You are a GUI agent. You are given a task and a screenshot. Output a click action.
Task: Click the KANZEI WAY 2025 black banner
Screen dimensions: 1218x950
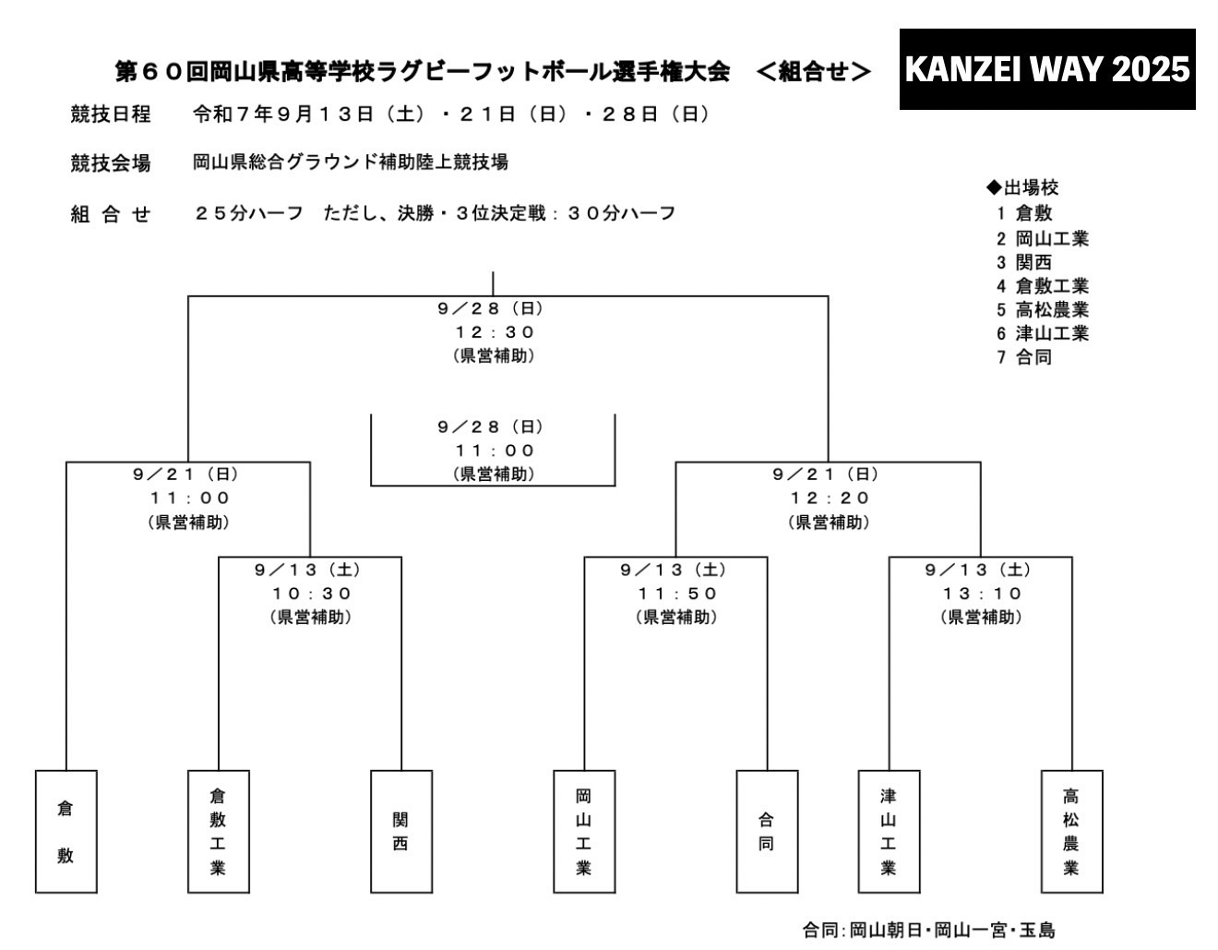1046,69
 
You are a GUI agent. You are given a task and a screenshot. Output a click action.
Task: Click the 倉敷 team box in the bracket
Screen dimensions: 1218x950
66,831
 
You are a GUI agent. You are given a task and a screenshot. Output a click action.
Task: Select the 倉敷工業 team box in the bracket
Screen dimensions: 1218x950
218,831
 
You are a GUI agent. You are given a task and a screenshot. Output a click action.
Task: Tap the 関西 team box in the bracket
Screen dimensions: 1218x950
400,831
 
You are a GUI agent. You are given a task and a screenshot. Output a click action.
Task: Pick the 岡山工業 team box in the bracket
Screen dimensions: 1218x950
584,831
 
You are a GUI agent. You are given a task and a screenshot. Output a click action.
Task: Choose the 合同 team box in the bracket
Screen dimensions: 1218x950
767,831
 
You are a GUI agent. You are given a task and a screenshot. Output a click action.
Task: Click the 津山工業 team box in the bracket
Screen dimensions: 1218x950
889,831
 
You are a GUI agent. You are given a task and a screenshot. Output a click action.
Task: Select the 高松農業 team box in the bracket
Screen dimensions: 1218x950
1071,831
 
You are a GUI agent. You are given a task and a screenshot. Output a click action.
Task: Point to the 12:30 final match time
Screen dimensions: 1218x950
495,332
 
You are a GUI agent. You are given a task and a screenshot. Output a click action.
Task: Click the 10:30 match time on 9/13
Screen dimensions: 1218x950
312,594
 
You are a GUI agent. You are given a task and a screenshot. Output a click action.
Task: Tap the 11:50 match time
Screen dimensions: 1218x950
677,594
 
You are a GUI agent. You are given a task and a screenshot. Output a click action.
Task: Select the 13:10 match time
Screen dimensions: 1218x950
982,594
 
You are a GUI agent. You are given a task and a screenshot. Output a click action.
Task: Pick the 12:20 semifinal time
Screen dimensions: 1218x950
830,498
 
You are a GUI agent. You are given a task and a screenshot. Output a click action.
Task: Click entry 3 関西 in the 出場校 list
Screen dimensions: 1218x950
1024,262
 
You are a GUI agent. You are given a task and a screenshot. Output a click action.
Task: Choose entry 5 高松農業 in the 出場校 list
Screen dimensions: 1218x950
1043,309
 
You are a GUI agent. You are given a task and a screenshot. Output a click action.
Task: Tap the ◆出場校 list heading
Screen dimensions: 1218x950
1022,187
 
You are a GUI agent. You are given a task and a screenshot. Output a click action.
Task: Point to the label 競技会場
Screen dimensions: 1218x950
111,163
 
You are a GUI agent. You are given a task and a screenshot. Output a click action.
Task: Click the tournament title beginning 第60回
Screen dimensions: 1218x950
423,72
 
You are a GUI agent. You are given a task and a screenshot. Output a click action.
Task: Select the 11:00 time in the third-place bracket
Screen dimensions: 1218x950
495,451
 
